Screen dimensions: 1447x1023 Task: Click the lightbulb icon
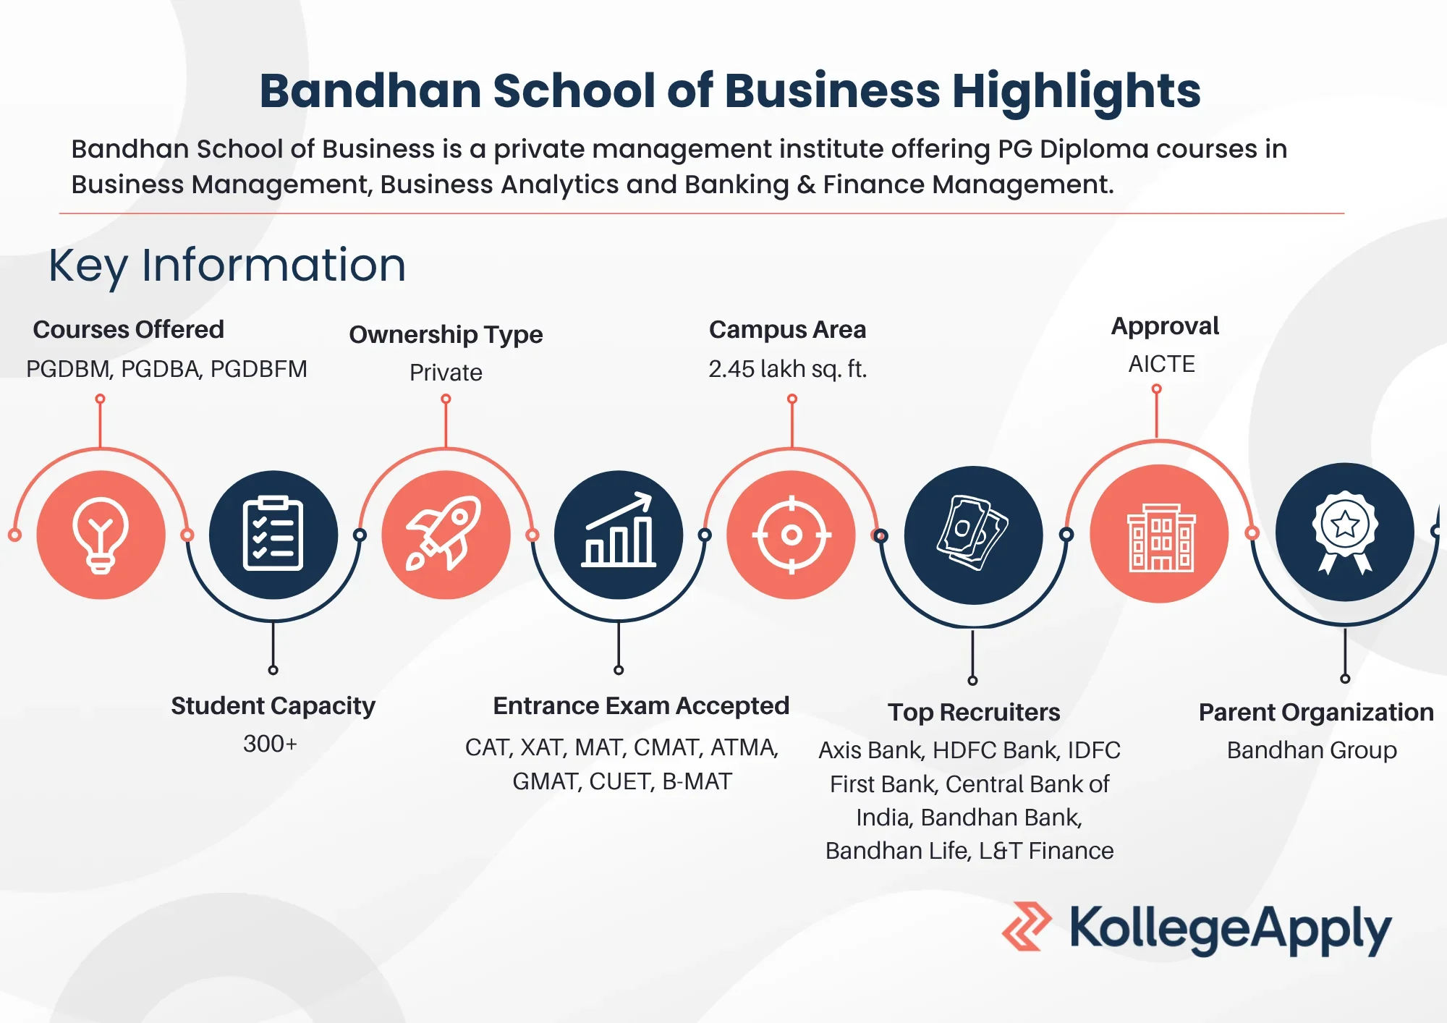[101, 535]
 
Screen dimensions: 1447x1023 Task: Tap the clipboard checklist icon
[273, 534]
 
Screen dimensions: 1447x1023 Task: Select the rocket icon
[444, 533]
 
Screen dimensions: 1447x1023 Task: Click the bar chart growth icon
[619, 530]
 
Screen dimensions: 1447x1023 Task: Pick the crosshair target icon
[792, 535]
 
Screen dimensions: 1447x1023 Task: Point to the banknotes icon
[973, 533]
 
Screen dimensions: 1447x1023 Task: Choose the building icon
[1160, 538]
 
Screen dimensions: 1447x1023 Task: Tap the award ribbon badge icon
[1345, 532]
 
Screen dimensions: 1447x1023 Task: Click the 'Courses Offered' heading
[129, 329]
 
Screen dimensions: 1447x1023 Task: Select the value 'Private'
[446, 372]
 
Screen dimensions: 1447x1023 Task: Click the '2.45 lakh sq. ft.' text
[787, 369]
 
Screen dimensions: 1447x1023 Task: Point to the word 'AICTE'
[1162, 363]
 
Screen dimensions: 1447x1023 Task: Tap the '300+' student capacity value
[270, 744]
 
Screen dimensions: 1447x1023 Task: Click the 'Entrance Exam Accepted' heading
[641, 705]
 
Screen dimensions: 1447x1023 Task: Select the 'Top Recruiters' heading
[974, 713]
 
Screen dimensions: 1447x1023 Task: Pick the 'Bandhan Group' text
[1312, 750]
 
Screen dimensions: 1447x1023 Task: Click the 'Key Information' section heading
[227, 266]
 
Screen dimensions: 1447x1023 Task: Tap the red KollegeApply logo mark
[1027, 926]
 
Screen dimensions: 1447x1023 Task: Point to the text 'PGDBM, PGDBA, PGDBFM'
[166, 369]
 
